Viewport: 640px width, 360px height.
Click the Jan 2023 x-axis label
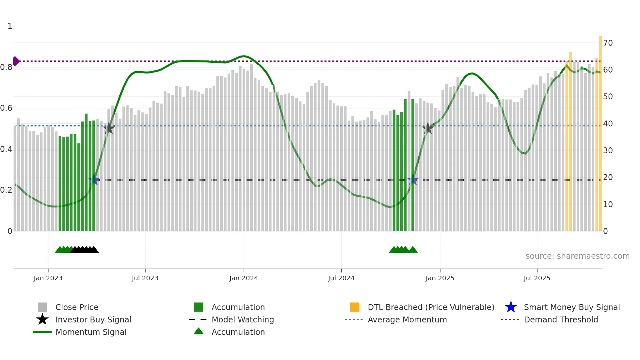48,278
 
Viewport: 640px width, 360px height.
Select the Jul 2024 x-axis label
341,278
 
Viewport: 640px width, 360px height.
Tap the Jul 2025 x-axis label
537,278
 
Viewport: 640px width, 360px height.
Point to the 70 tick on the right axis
608,43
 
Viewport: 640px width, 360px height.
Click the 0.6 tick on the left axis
6,108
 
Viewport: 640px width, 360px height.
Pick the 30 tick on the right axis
608,151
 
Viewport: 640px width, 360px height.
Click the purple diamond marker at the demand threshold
16,61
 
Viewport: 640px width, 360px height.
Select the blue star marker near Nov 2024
413,180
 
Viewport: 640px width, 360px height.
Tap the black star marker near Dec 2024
427,128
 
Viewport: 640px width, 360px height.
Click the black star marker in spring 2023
109,128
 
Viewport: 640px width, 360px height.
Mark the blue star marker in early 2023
94,180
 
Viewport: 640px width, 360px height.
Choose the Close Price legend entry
77,307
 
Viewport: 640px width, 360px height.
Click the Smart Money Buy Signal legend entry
572,307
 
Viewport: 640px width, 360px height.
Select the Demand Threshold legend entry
561,319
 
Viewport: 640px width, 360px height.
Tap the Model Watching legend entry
243,319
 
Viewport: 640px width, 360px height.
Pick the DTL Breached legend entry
431,307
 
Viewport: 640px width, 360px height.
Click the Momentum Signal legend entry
91,332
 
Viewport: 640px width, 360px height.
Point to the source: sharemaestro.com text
577,256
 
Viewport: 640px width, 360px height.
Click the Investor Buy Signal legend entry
93,319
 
